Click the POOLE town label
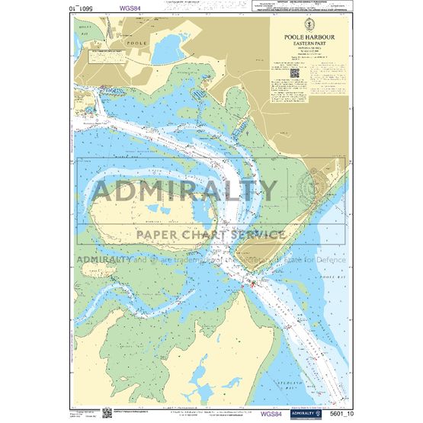[136, 44]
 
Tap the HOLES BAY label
[85, 33]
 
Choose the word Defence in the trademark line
[327, 259]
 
